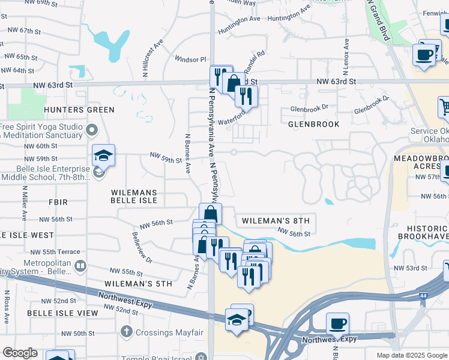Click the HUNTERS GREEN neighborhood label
[79, 110]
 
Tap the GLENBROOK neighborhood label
[313, 124]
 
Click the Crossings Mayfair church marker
[126, 331]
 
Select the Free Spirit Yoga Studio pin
[92, 130]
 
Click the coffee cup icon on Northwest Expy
[337, 324]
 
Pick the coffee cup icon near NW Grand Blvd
[424, 55]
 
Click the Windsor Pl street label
[190, 59]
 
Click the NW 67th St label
[24, 31]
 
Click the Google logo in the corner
[20, 353]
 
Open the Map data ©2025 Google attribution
[411, 355]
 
